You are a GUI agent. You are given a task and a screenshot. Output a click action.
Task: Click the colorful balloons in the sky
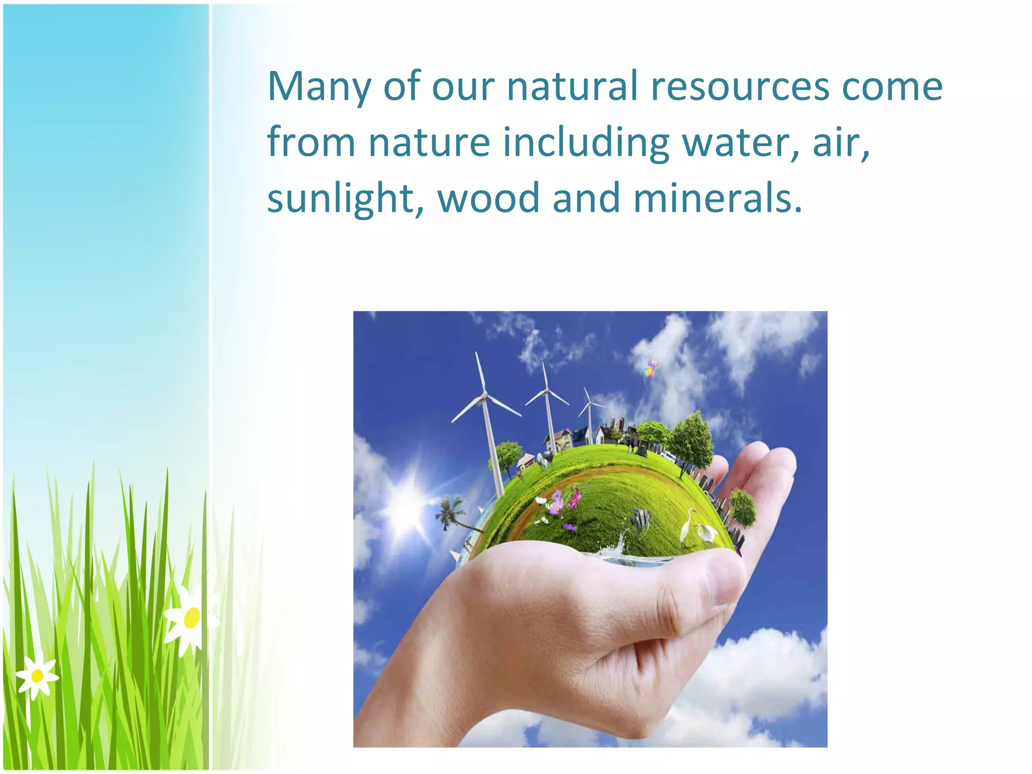652,367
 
